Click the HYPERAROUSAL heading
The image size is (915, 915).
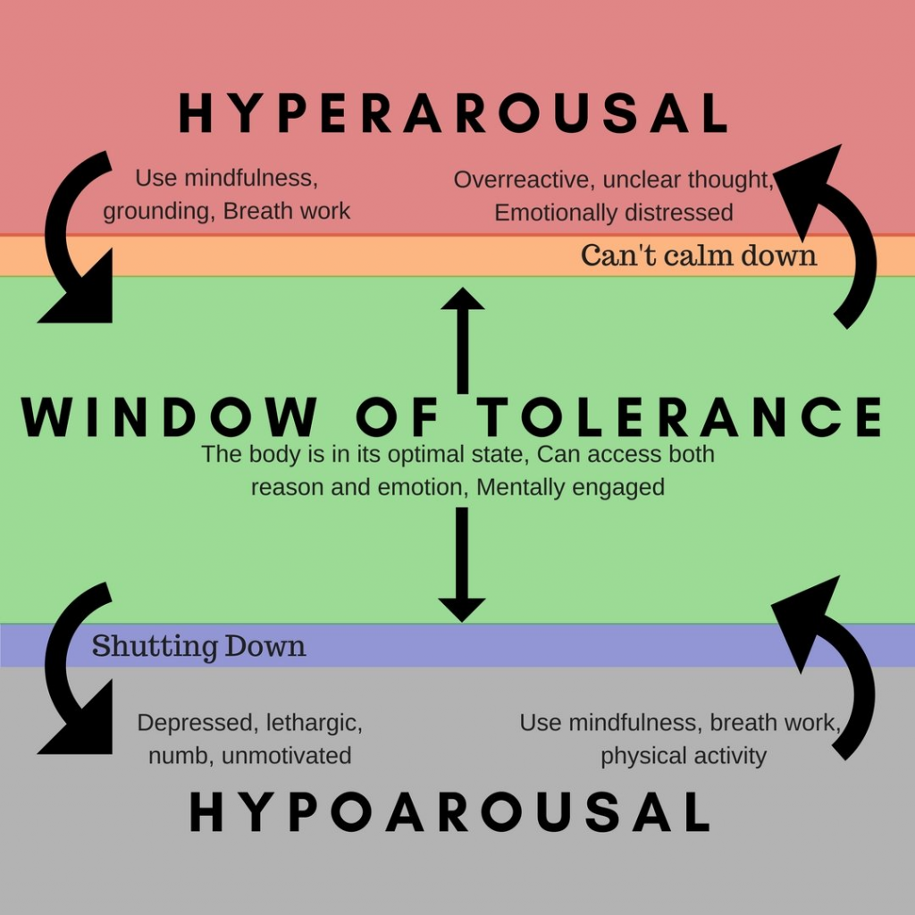[x=454, y=114]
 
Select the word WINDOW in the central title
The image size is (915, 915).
[x=170, y=416]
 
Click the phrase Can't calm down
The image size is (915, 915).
[x=698, y=256]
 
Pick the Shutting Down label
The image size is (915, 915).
[x=198, y=646]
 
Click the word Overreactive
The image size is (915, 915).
[x=524, y=180]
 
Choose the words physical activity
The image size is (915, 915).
[x=683, y=756]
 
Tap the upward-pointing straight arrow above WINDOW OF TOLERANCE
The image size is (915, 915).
[x=462, y=340]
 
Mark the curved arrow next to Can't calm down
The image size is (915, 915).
[x=835, y=232]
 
